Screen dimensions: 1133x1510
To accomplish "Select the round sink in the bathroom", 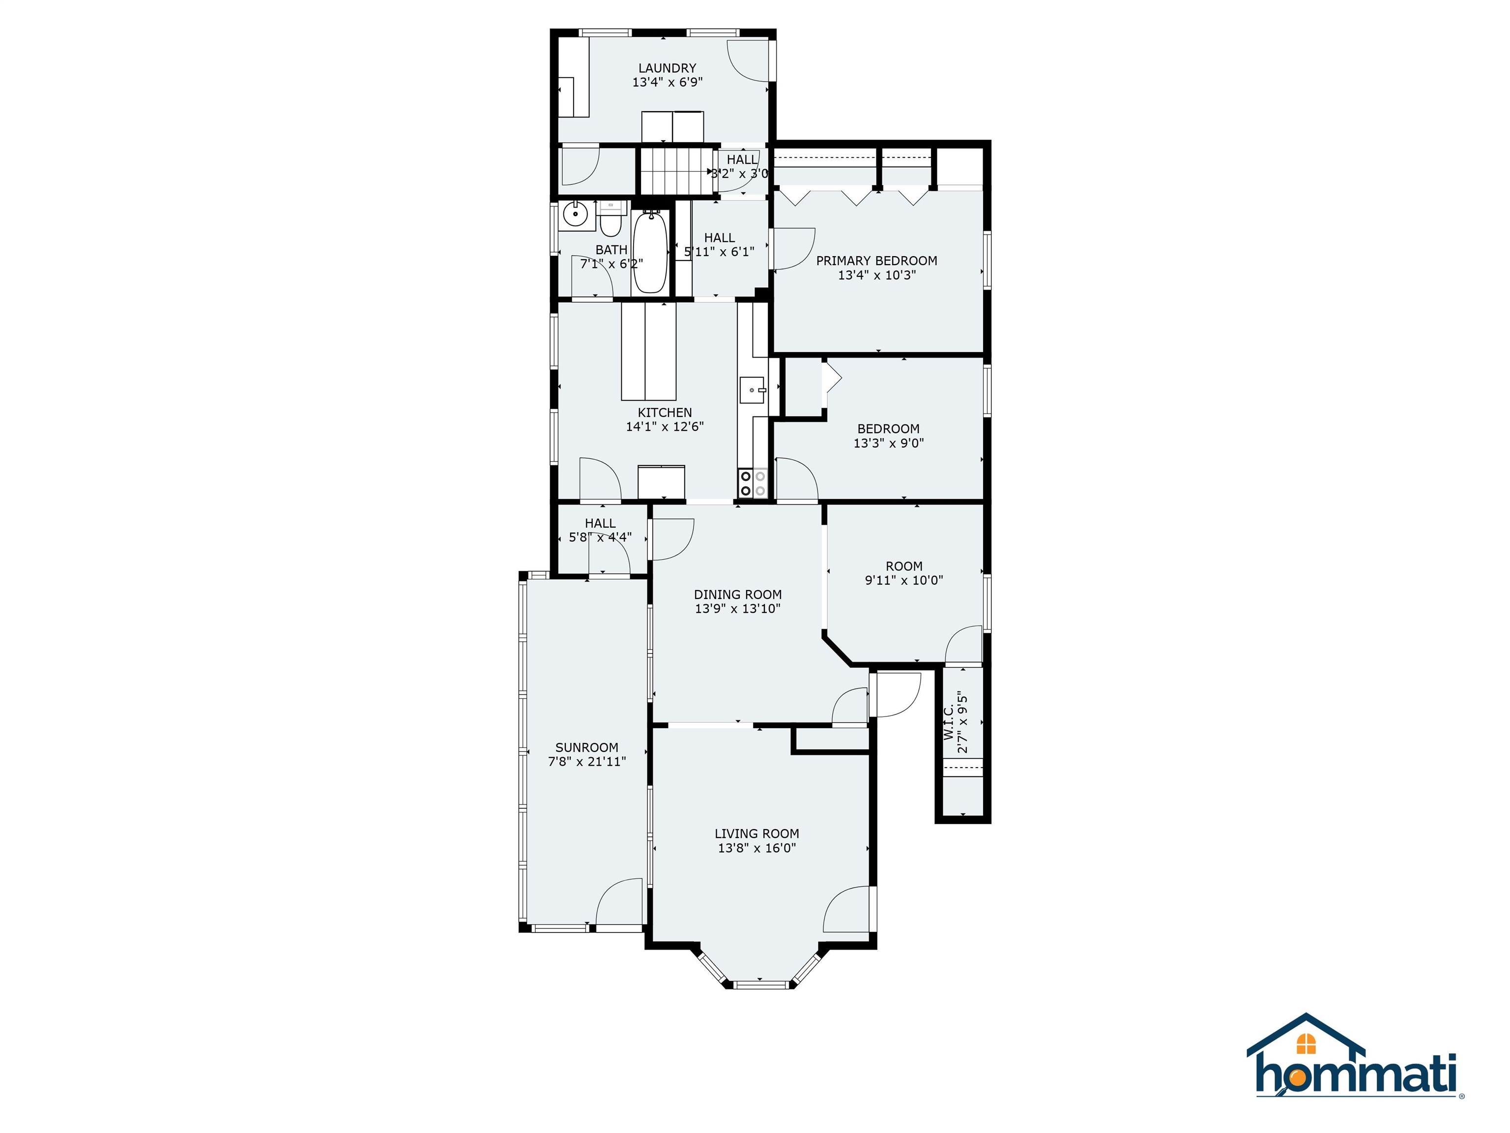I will [576, 215].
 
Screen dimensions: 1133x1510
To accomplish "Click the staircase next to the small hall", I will [675, 172].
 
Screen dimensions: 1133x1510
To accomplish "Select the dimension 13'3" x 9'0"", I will [888, 443].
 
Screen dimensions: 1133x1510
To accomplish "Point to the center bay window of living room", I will [758, 984].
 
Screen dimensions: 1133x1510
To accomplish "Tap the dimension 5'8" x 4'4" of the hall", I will [600, 537].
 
